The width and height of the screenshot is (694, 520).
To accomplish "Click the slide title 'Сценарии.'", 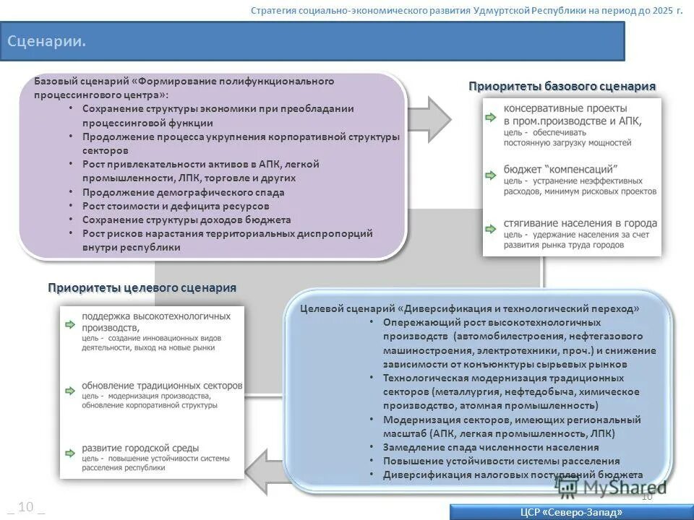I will [x=47, y=41].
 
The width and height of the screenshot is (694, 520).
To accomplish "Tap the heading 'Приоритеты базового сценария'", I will [x=562, y=87].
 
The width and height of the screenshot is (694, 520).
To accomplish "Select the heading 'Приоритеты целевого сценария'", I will [x=142, y=288].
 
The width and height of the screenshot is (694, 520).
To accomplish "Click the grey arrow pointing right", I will [x=429, y=115].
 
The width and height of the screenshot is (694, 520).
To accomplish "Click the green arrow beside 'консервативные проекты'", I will [x=491, y=116].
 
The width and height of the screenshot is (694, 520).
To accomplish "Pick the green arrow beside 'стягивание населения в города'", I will [x=491, y=228].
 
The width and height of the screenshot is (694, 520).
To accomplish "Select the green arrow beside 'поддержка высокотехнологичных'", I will [x=69, y=324].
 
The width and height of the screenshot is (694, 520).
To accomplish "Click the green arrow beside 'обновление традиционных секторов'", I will [x=69, y=391].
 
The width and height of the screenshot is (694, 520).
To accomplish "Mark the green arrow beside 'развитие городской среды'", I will [x=69, y=451].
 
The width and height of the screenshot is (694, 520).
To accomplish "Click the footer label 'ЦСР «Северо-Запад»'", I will [x=571, y=512].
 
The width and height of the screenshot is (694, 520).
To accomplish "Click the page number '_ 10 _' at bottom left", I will [x=25, y=507].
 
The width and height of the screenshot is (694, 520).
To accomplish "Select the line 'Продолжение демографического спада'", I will [x=184, y=193].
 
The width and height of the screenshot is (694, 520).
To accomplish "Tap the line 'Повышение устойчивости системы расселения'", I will [x=501, y=461].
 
